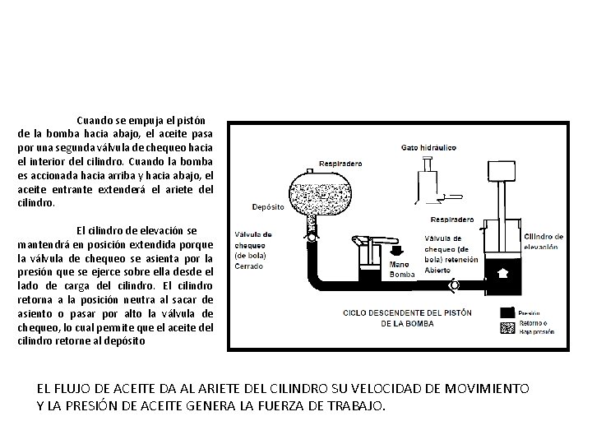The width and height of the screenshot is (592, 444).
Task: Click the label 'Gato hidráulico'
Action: pos(428,147)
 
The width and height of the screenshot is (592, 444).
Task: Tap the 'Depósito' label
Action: pos(269,206)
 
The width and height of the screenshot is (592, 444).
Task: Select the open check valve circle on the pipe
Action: pos(453,284)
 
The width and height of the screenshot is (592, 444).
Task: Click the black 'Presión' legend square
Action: pos(508,312)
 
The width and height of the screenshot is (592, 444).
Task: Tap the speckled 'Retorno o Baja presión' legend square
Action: pos(508,328)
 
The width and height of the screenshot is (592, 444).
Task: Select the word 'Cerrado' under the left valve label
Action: pos(250,266)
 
